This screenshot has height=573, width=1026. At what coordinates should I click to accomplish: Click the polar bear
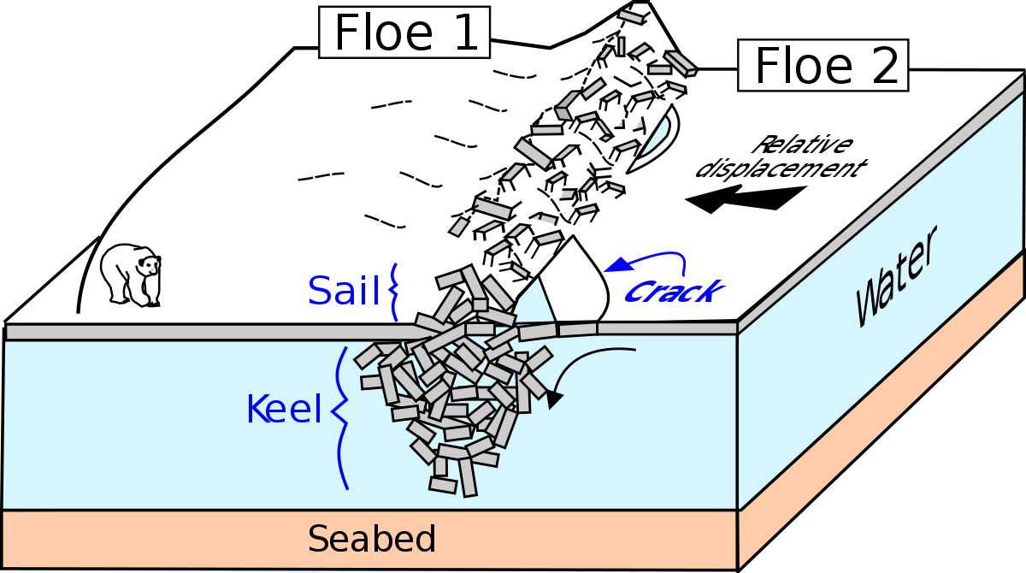pos(129,275)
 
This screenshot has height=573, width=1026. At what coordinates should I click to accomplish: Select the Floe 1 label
pos(404,32)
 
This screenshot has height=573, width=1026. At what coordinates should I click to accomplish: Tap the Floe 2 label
pos(823,66)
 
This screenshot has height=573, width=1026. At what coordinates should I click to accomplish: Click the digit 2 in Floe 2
pos(882,67)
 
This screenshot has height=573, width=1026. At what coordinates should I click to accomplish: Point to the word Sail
pos(343,292)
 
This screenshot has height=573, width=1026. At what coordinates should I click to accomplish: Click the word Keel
pos(283,410)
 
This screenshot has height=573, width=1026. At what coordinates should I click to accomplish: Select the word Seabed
pos(372,540)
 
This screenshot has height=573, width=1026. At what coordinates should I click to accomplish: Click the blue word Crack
pos(672,292)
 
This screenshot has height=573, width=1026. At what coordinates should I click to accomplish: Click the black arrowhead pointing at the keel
pos(555,398)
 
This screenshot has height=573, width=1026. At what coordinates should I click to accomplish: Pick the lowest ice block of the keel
pos(468,478)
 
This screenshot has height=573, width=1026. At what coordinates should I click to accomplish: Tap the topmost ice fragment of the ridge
pos(630,16)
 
